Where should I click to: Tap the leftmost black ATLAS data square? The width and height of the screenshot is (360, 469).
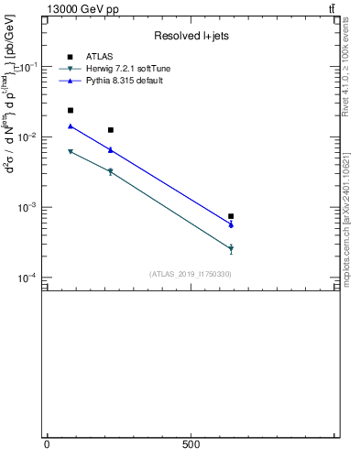[x=71, y=110]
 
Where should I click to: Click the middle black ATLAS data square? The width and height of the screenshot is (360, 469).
[x=110, y=130]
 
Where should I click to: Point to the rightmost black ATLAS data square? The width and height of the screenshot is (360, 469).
[x=231, y=216]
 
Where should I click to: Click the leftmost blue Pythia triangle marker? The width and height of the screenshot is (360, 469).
[x=71, y=126]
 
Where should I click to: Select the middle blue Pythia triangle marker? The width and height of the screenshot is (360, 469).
[x=110, y=149]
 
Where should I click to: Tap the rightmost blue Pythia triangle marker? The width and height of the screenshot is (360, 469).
[x=231, y=224]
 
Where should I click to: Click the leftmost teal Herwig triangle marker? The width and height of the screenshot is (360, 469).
[x=71, y=151]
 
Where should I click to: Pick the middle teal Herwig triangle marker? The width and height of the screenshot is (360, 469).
[x=110, y=171]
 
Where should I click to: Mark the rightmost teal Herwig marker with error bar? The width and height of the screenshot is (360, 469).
[x=231, y=248]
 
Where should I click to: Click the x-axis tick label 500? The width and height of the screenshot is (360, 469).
[x=191, y=444]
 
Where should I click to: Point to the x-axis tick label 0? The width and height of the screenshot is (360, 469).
[x=47, y=444]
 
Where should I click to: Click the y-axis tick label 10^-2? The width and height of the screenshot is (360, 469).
[x=29, y=137]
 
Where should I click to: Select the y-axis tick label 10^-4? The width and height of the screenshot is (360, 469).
[x=29, y=278]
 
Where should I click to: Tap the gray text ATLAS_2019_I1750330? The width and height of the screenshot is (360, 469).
[x=191, y=274]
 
